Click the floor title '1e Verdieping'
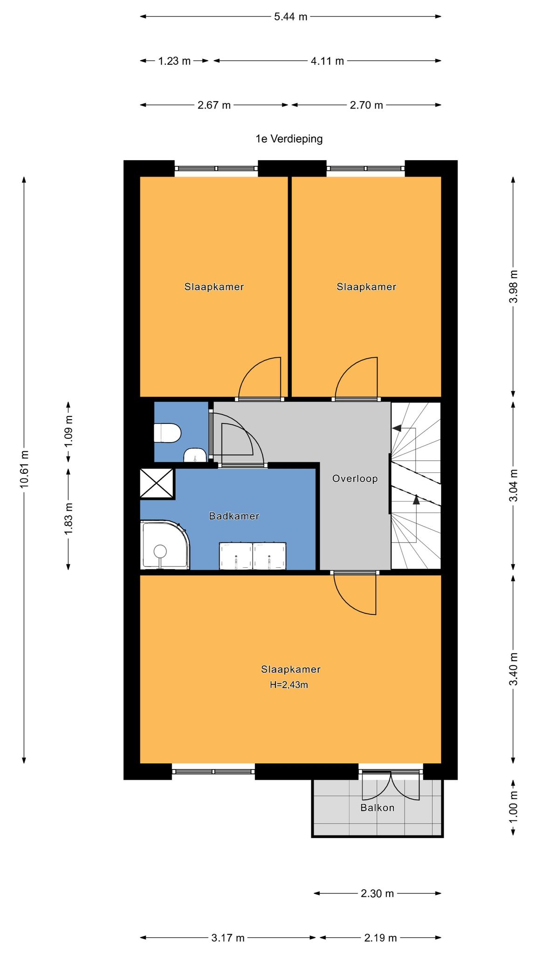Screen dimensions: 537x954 click(x=289, y=138)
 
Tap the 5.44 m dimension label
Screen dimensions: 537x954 click(x=291, y=17)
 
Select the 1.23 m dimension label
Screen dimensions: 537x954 click(x=174, y=61)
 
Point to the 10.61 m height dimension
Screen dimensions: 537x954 click(x=24, y=469)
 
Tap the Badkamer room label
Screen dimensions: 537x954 click(x=234, y=516)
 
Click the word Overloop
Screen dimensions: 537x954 click(x=355, y=478)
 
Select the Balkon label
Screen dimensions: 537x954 click(x=378, y=808)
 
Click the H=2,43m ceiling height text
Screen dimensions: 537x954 click(x=289, y=685)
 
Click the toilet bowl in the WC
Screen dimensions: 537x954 click(x=167, y=433)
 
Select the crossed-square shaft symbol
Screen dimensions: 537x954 click(x=157, y=484)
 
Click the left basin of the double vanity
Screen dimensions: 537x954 click(x=236, y=556)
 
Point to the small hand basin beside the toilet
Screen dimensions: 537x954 click(x=195, y=455)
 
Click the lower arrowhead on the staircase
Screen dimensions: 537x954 click(x=416, y=500)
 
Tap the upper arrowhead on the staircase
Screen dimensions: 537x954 click(x=397, y=428)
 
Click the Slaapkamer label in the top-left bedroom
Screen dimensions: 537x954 click(x=214, y=286)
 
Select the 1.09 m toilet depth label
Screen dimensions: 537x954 click(x=68, y=431)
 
